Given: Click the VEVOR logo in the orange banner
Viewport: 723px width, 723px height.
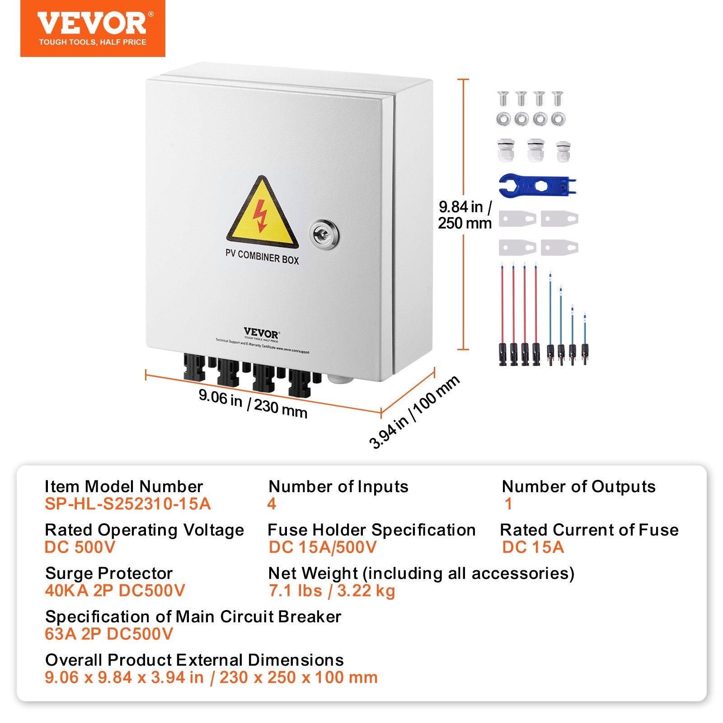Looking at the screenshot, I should [93, 23].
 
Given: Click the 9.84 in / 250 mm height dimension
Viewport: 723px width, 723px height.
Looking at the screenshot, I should [465, 215].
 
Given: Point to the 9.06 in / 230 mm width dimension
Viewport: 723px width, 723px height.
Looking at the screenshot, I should [253, 404].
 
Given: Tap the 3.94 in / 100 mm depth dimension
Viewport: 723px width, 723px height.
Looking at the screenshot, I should [414, 412].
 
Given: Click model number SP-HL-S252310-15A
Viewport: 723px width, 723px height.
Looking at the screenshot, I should [128, 504].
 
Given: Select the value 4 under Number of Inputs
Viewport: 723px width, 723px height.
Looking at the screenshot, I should [272, 504].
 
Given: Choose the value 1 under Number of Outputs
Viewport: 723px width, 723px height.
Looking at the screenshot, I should [508, 504].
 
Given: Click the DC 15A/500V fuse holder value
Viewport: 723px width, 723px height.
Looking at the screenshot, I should [322, 547].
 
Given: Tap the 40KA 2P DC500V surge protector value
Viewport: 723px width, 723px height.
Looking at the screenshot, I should [115, 591].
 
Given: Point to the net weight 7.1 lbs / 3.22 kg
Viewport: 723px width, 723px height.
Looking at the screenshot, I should [332, 591].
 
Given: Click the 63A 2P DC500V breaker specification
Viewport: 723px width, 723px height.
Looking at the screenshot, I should [109, 634].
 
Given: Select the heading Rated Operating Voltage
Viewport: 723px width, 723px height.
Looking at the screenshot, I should [144, 530].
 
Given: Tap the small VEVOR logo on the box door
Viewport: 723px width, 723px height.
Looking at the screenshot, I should [261, 334].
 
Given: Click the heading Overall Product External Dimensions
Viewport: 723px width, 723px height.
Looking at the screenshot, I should [194, 660].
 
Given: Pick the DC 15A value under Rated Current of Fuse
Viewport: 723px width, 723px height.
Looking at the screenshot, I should [533, 547].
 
